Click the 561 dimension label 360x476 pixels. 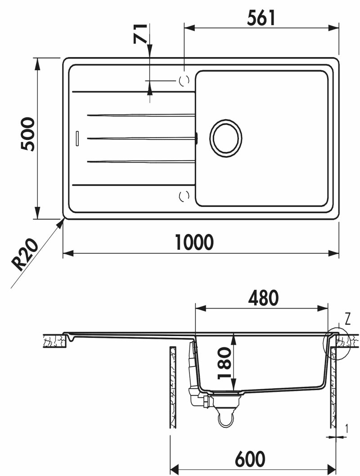point(261,18)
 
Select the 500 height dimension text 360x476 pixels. point(28,134)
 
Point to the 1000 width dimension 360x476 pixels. point(194,242)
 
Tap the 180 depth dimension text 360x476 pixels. point(225,363)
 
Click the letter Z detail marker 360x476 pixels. point(348,319)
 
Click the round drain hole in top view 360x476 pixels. point(225,138)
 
